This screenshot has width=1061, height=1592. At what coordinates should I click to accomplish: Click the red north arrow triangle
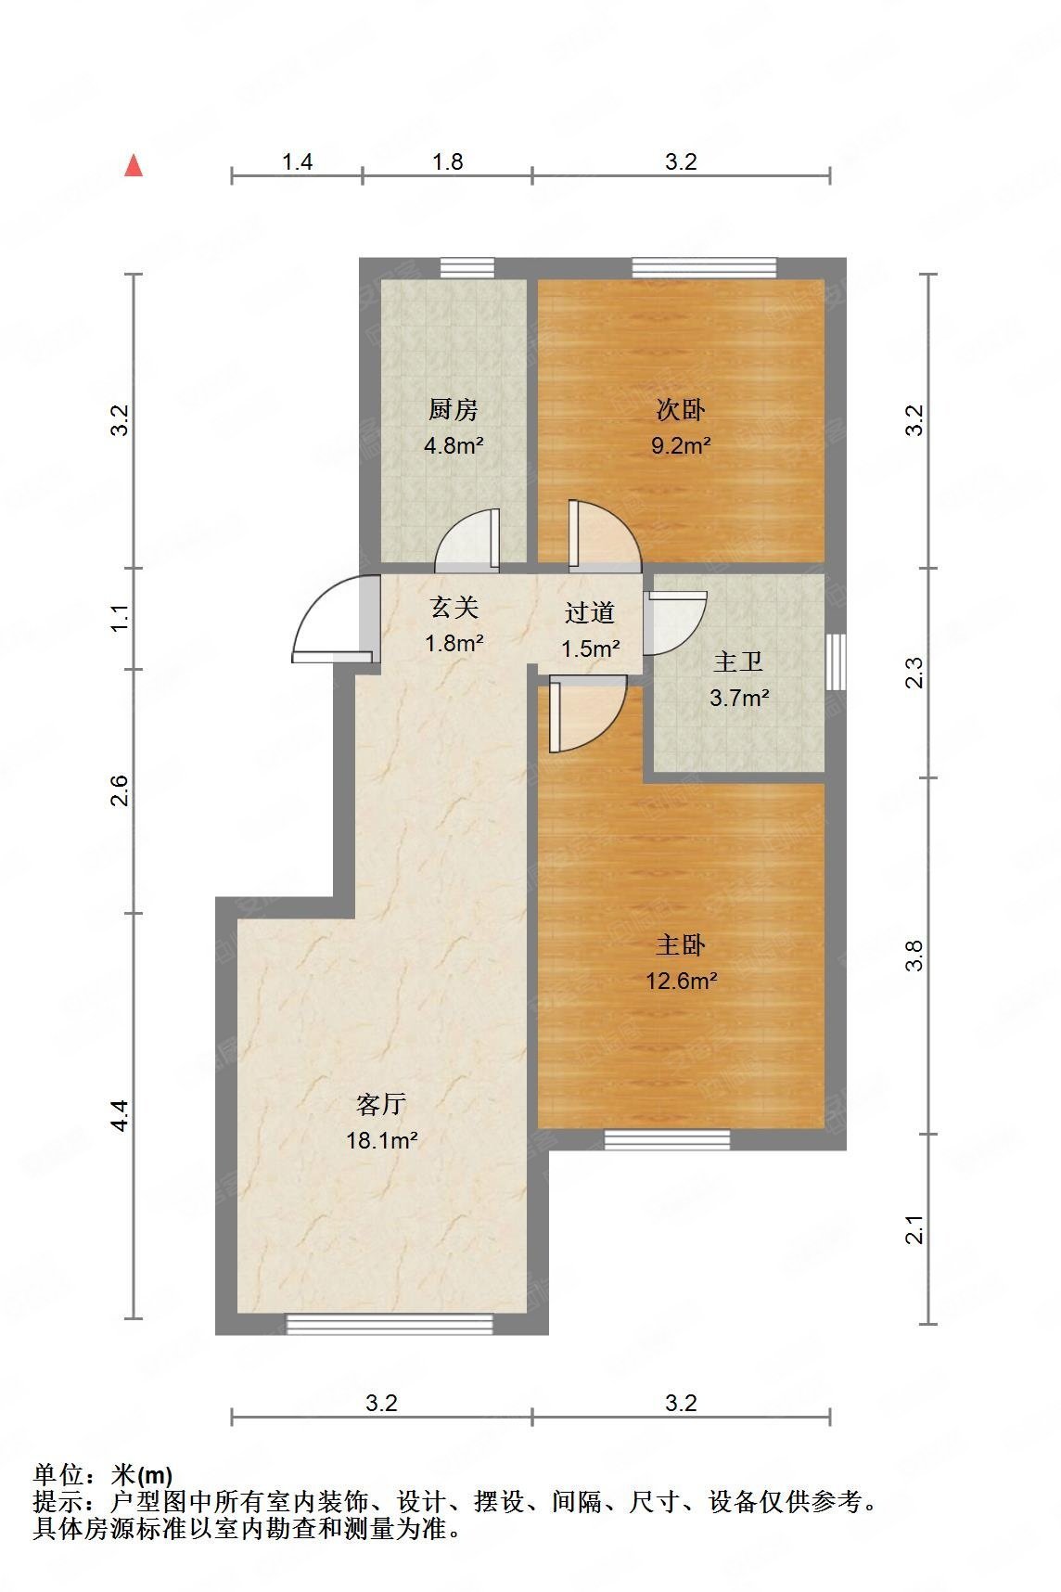134,166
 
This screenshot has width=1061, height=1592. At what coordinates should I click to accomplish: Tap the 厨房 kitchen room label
453,409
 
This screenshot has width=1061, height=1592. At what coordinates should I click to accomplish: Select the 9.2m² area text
681,445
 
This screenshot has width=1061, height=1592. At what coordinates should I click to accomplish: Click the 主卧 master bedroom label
681,945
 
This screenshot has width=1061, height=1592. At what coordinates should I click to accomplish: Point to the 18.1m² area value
381,1140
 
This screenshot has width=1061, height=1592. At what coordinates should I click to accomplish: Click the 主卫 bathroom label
738,662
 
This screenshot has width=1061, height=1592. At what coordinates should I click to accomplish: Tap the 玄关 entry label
454,608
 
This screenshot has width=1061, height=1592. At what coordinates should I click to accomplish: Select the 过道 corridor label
590,612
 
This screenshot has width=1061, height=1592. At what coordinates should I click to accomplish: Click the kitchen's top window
467,268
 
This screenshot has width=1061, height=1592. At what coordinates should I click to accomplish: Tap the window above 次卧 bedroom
704,268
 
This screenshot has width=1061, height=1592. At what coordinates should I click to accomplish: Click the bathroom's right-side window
836,661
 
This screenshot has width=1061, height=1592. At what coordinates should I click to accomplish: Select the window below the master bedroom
667,1139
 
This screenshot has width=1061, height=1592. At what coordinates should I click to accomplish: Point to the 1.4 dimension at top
297,162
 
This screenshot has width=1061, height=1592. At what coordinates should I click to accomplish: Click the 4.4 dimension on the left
119,1114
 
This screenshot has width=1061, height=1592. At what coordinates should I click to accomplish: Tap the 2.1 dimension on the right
914,1229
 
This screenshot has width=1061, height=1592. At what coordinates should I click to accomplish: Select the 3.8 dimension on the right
914,956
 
